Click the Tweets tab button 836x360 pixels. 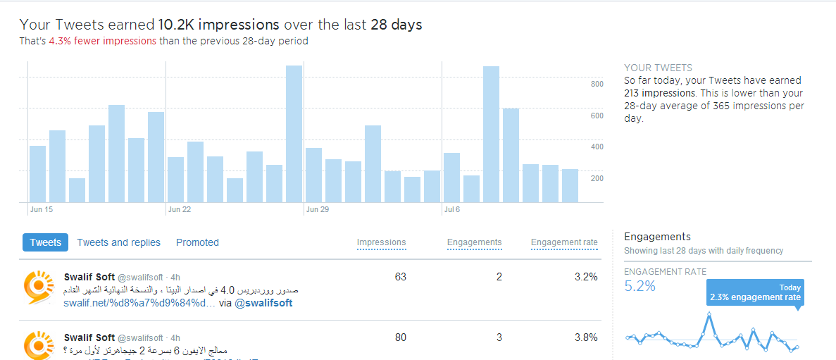click(x=45, y=242)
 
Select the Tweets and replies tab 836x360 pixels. click(x=119, y=242)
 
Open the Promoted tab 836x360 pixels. click(x=197, y=242)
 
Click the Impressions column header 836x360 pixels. click(x=381, y=242)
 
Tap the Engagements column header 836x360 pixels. click(x=474, y=242)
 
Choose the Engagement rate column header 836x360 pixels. click(x=564, y=242)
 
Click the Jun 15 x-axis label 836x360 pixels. click(x=41, y=209)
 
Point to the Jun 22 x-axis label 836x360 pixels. click(x=180, y=209)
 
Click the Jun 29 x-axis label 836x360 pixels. click(x=317, y=209)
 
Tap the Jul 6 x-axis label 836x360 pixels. click(x=452, y=209)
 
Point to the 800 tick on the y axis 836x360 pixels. click(x=597, y=85)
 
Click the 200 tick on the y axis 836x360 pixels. click(x=597, y=178)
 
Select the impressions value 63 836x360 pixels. click(x=400, y=277)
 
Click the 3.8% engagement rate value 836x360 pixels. click(x=586, y=337)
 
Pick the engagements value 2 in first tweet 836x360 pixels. click(x=499, y=277)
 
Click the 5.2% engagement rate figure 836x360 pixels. click(x=640, y=286)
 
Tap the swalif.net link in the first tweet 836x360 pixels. click(x=139, y=303)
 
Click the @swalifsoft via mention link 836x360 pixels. click(x=263, y=303)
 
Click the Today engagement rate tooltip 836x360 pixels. click(x=754, y=292)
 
